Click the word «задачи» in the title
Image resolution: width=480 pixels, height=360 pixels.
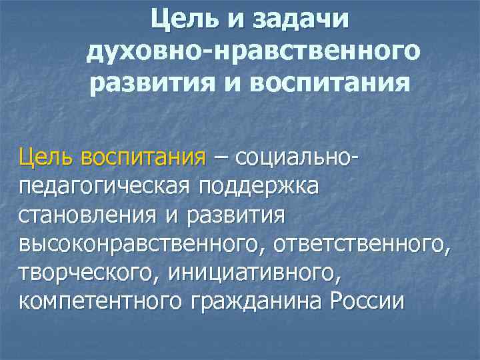point(301,20)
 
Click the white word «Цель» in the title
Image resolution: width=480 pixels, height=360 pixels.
point(185,20)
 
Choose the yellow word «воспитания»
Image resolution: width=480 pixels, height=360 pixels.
point(143,159)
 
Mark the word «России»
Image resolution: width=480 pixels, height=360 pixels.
point(367,302)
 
